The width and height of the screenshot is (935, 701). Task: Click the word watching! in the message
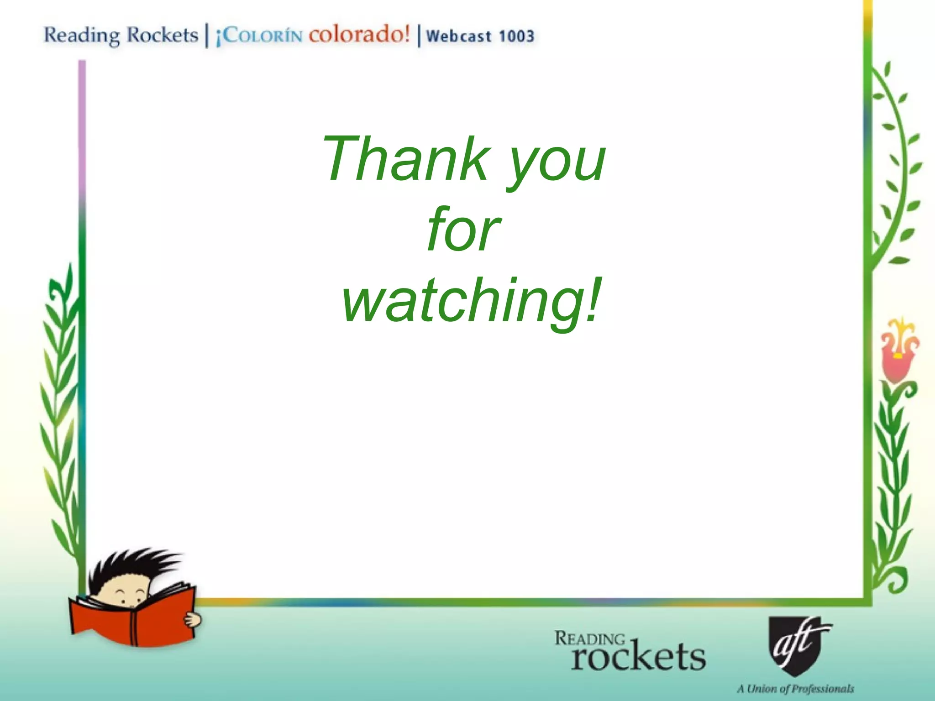tap(470, 301)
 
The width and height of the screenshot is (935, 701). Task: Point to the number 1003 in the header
tap(516, 36)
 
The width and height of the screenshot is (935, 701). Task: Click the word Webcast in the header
tap(459, 36)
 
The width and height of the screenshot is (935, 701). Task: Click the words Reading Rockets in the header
tap(121, 35)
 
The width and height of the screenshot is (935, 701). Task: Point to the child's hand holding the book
tap(192, 620)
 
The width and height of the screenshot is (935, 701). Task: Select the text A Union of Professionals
tap(795, 688)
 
